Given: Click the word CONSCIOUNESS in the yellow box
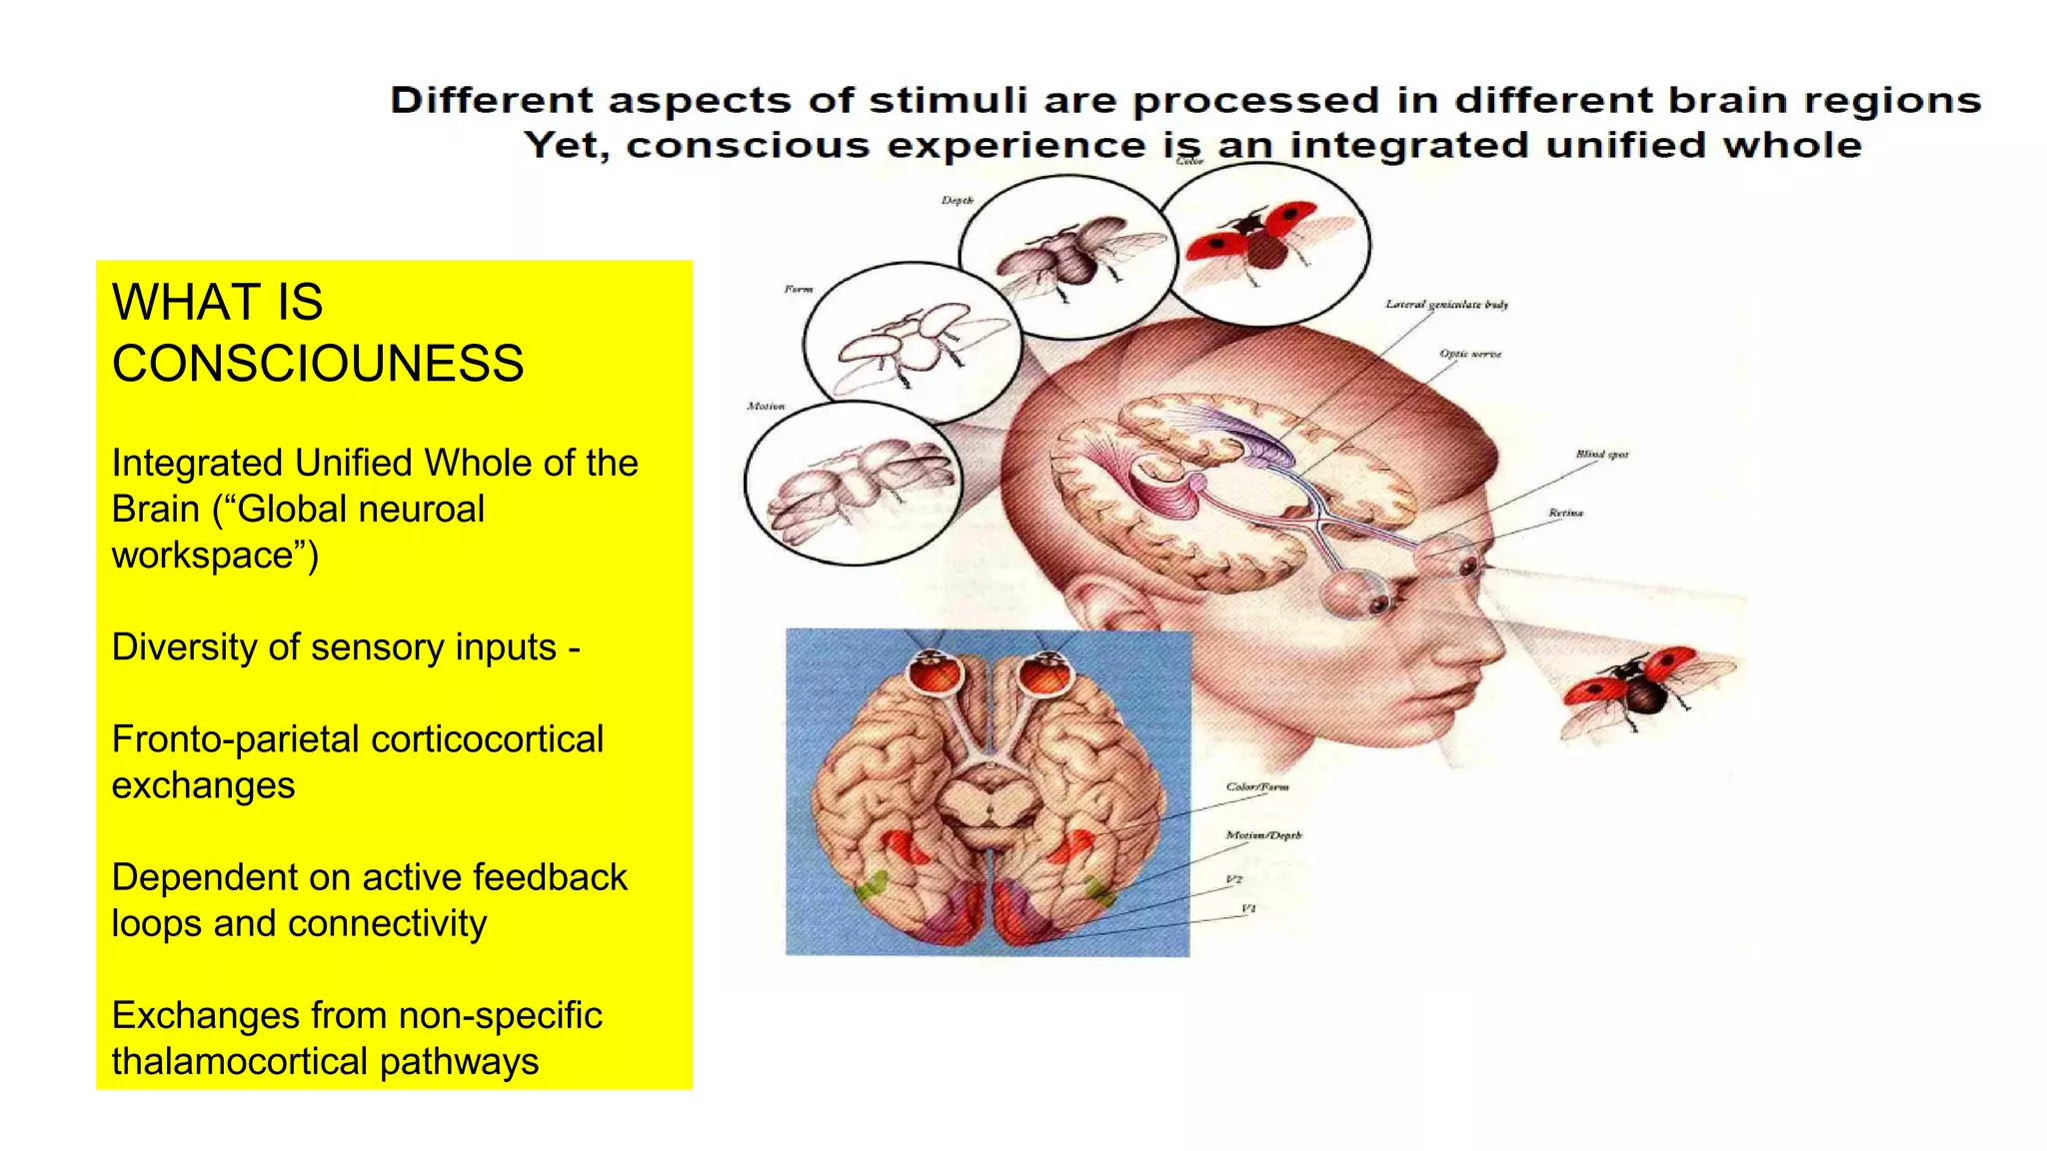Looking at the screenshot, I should tap(318, 364).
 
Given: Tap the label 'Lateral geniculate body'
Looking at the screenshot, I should tap(1446, 304).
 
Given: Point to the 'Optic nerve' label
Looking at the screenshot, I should tap(1470, 354).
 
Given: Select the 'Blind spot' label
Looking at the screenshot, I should tap(1601, 455).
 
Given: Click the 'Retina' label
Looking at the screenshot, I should tap(1565, 513).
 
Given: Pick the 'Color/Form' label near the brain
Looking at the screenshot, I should tap(1257, 787).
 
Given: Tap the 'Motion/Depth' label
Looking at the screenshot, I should tap(1263, 835).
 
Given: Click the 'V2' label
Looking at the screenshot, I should tap(1234, 880).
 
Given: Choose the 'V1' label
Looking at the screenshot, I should tap(1248, 909).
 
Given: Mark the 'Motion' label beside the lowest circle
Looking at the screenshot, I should tap(766, 407).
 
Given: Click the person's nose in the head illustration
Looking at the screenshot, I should tap(1489, 639).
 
